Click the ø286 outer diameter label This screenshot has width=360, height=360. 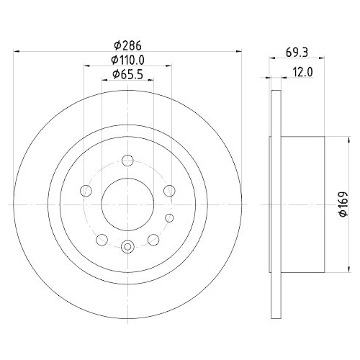[127, 45]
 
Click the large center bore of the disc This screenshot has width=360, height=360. [127, 204]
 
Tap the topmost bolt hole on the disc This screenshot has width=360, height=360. [127, 161]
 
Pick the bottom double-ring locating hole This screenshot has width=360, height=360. [127, 247]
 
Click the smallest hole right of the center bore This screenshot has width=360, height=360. [169, 217]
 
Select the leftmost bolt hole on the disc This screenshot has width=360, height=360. [86, 191]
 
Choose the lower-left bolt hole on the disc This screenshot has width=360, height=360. [102, 239]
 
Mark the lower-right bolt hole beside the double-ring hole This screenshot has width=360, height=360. [153, 239]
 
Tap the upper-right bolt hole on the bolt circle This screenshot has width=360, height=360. [169, 190]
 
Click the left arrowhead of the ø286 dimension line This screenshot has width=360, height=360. [17, 51]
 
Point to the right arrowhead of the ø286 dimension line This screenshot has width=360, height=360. [238, 51]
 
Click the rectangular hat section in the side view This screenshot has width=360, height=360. [302, 204]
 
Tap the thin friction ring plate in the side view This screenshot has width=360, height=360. [274, 204]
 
